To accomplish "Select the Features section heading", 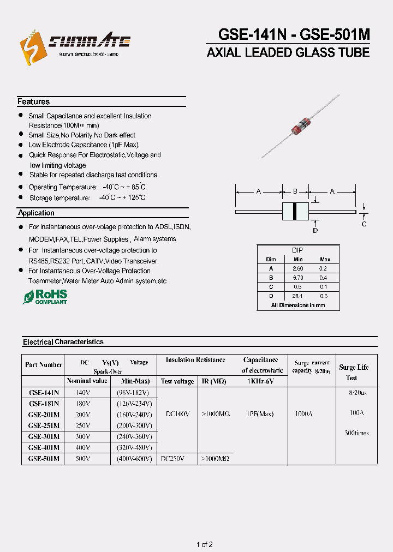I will click(x=33, y=102).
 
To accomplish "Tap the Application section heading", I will click(x=36, y=213).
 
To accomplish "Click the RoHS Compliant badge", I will click(x=45, y=297).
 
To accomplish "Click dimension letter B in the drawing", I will click(x=295, y=192).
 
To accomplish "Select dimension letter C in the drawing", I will click(x=364, y=224).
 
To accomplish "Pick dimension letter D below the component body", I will click(x=315, y=231).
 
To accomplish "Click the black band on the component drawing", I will click(x=295, y=211).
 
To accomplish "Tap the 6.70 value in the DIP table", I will click(x=297, y=278).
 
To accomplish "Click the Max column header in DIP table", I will click(x=325, y=260).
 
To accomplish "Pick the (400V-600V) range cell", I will click(x=134, y=459).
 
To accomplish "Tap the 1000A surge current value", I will click(x=303, y=414).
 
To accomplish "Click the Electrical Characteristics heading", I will click(x=63, y=342).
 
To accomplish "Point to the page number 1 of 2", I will click(x=204, y=544).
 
